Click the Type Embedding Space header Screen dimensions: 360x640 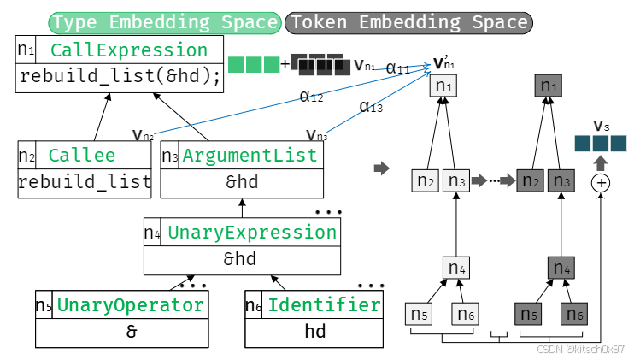point(165,22)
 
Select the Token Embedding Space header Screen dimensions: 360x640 point(409,22)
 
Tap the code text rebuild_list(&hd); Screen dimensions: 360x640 point(120,78)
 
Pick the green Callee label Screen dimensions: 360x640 point(82,155)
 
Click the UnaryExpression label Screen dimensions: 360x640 point(252,232)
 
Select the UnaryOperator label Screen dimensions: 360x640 point(131,305)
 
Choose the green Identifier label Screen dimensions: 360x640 point(323,305)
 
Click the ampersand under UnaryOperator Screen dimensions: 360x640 point(131,332)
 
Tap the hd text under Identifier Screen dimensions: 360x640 point(315,332)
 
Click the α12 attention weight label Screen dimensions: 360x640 point(311,97)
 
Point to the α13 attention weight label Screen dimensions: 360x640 point(371,107)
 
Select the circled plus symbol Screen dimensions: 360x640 point(602,183)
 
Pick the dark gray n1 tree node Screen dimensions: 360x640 point(548,86)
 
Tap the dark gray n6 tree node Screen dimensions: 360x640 point(573,315)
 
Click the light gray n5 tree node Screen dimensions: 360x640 point(419,315)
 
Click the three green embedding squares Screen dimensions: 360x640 point(254,64)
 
